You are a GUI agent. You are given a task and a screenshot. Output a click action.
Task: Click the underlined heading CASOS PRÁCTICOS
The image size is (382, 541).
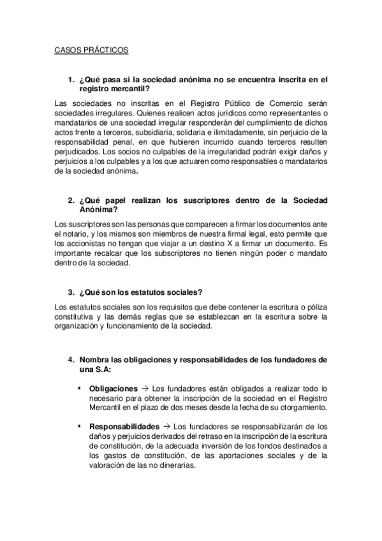92,49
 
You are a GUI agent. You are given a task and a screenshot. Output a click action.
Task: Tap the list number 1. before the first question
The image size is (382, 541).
71,80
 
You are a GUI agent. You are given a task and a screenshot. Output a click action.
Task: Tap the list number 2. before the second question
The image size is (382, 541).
71,200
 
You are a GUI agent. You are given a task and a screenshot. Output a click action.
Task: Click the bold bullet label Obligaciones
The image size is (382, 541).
114,388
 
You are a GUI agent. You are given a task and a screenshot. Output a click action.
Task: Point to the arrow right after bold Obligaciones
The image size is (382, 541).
144,388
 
